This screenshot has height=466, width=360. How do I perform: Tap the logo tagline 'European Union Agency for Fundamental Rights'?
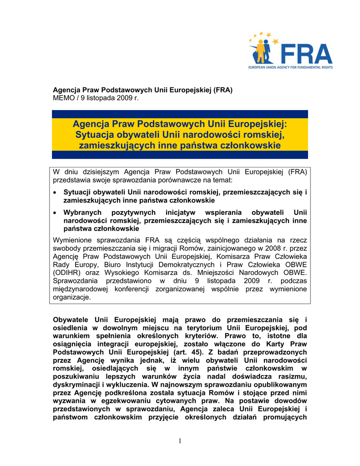pyautogui.click(x=290, y=67)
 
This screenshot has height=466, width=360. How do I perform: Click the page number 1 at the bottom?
pyautogui.click(x=180, y=441)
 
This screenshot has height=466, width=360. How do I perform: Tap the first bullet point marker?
pyautogui.click(x=56, y=192)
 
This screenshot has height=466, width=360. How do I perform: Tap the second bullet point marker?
pyautogui.click(x=56, y=213)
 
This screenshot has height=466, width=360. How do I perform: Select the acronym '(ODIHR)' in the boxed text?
pyautogui.click(x=68, y=273)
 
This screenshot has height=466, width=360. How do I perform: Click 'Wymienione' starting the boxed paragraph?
pyautogui.click(x=73, y=240)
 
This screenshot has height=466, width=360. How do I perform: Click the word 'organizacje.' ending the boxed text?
pyautogui.click(x=72, y=297)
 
